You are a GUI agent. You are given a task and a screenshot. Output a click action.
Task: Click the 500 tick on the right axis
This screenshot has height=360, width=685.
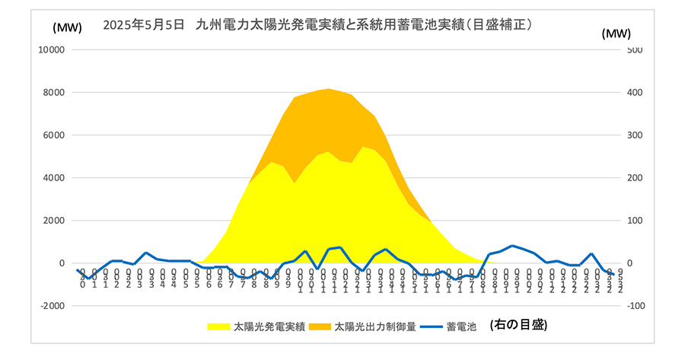pos(636,50)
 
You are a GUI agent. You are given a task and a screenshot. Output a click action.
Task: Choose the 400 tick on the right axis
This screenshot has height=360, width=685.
pos(636,93)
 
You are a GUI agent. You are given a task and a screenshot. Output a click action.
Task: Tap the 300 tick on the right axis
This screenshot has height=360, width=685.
pos(636,135)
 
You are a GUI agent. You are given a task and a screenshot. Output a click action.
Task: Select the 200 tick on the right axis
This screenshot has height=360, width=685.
pos(636,178)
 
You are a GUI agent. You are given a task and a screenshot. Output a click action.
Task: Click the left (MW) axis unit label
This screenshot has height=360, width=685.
pos(63,27)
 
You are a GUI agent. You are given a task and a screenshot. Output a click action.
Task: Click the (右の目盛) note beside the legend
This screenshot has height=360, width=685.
pos(518,325)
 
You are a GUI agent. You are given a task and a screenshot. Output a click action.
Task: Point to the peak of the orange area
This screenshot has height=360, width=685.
pos(327,90)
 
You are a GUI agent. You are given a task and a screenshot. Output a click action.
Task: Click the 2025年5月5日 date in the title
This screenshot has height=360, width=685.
pos(144,24)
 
